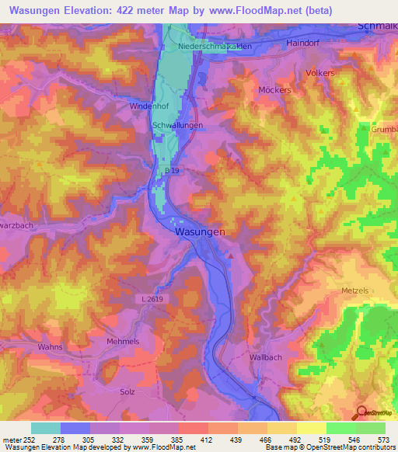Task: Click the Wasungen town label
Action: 201,231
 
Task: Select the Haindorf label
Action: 303,43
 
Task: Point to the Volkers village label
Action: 320,73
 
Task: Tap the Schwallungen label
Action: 178,125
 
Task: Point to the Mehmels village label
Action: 122,341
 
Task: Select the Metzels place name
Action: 357,290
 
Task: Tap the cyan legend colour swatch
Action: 45,428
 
